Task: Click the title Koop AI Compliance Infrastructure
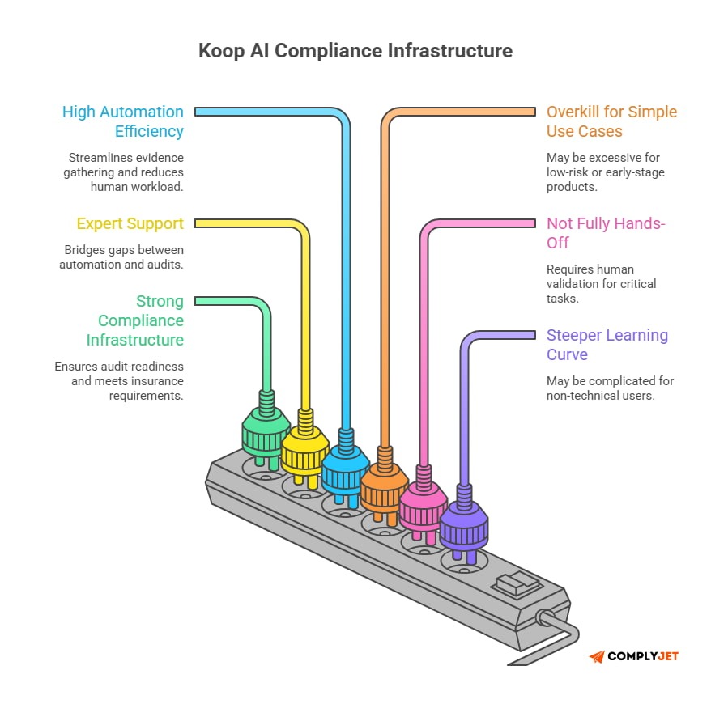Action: point(355,50)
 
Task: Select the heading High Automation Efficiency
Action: point(123,121)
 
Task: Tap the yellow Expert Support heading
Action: point(130,223)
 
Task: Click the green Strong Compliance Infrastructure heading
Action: point(136,320)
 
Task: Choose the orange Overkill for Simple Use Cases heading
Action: point(611,121)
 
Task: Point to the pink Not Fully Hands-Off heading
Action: point(606,232)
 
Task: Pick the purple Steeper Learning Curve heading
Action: point(607,345)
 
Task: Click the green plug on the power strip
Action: point(266,437)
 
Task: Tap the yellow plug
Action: point(304,453)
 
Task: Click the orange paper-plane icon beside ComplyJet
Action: point(597,656)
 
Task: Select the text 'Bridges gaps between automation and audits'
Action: point(121,257)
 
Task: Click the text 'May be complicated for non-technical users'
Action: point(610,388)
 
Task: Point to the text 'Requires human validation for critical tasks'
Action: point(601,284)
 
